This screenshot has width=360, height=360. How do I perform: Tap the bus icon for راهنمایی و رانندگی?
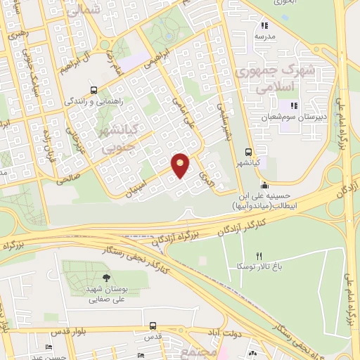tap(94, 90)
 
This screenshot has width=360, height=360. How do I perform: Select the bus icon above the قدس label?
tap(153, 325)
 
